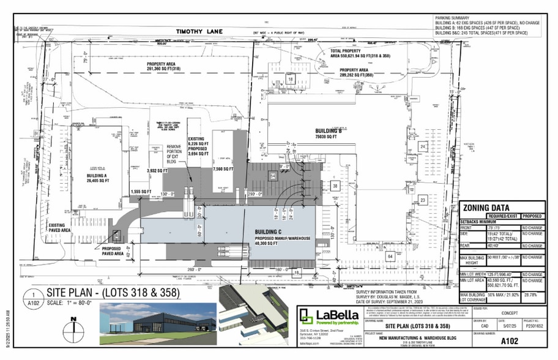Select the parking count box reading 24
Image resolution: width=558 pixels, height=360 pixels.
coord(423,147)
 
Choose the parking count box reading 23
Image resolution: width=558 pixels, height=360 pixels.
coord(423,200)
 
